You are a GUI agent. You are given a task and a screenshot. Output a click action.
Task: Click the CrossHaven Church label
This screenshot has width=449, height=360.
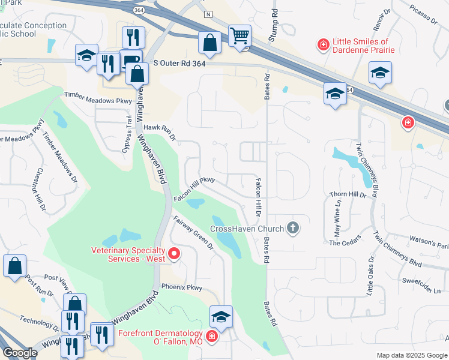tap(246, 229)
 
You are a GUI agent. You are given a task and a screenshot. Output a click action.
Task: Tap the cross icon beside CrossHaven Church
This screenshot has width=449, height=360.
tap(292, 227)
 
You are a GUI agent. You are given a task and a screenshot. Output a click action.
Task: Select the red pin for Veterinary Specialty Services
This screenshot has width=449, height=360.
tap(174, 254)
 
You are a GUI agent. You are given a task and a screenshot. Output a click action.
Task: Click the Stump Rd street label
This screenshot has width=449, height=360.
tap(273, 20)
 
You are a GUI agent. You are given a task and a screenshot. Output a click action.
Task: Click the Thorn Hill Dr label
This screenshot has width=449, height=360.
tap(348, 195)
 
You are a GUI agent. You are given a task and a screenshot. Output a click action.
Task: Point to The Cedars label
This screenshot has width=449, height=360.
tap(343, 242)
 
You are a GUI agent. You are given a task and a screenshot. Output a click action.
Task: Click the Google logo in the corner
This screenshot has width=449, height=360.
tap(20, 353)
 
